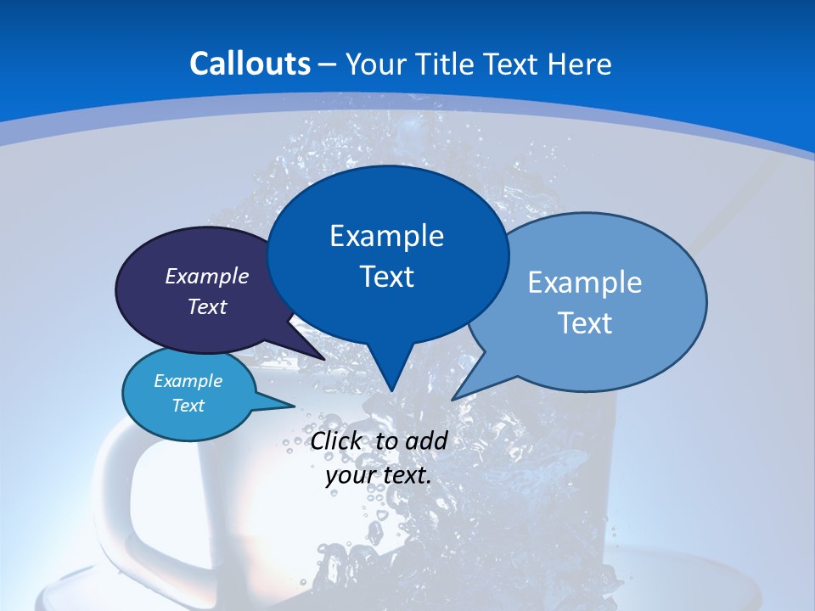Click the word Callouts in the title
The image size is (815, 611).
tap(250, 64)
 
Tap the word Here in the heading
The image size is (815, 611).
tap(580, 64)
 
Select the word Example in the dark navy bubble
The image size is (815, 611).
tap(207, 276)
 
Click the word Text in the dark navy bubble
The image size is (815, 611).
tap(207, 306)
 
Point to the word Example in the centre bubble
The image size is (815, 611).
tap(386, 236)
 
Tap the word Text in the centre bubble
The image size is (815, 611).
tap(386, 277)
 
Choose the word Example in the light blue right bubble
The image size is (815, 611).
tap(585, 283)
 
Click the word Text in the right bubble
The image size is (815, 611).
tap(585, 323)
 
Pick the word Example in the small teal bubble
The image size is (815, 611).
tap(188, 381)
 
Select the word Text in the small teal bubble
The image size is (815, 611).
tap(188, 406)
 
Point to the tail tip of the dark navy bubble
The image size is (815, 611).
tap(324, 359)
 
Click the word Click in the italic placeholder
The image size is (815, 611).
tap(335, 440)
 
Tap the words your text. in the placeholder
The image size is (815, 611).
tap(379, 475)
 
